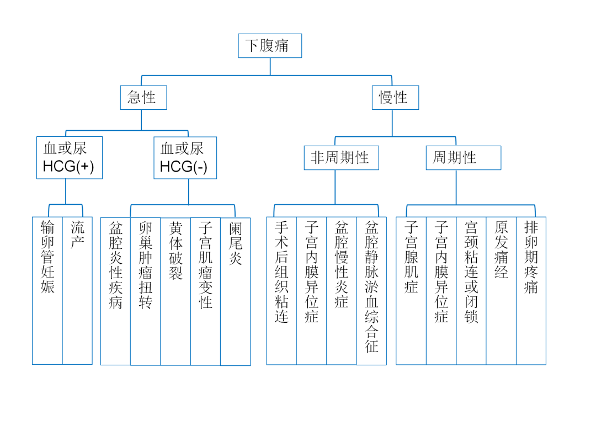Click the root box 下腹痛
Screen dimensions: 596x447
point(270,46)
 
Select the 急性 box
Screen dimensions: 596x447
point(143,98)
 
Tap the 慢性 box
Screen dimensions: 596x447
point(395,98)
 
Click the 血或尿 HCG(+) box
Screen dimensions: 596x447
point(70,158)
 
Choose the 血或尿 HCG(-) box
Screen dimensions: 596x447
point(185,158)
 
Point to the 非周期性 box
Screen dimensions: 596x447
point(342,158)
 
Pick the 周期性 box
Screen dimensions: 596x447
point(464,158)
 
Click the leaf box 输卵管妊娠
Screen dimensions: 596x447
point(47,291)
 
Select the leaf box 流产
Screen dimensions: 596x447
point(77,291)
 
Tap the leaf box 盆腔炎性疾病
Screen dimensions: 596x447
point(115,291)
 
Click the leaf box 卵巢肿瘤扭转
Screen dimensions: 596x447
point(146,291)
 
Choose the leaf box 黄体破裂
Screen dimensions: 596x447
point(175,291)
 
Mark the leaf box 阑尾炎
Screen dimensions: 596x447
point(236,291)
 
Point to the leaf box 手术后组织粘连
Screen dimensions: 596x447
point(281,291)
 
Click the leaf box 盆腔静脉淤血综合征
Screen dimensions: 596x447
point(371,291)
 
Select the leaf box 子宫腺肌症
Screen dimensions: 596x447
point(411,291)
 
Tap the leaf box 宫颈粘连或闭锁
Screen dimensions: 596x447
point(471,291)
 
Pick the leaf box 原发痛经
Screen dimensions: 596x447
point(501,291)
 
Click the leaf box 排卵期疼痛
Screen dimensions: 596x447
point(531,291)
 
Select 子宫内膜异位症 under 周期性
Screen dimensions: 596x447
point(441,291)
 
